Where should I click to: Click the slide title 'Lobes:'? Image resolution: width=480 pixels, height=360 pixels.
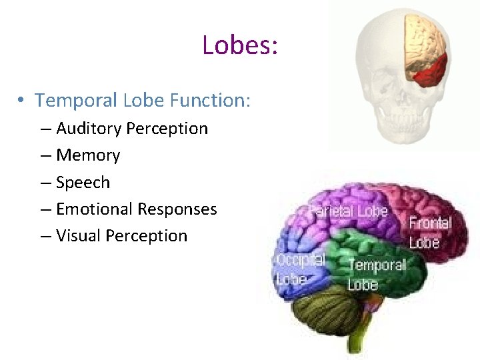239,45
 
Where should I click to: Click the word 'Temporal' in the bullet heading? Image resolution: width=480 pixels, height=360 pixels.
77,101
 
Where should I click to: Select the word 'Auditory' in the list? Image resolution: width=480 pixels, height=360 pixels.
89,128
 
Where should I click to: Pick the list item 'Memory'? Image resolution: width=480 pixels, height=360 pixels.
88,155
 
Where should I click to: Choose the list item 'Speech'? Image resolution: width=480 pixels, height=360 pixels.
83,182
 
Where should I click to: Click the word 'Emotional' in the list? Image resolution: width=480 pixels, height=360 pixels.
94,209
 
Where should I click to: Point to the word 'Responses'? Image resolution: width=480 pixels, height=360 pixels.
177,209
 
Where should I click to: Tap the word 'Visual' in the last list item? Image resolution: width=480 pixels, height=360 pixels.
76,235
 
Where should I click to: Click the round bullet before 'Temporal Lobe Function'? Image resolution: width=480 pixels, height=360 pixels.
21,101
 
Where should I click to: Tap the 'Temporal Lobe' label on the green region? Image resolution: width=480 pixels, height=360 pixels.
377,274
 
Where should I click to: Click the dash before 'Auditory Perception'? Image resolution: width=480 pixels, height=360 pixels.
45,128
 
